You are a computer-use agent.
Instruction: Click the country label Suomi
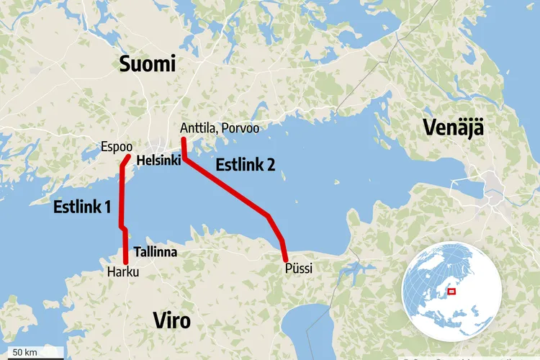[x=148, y=65]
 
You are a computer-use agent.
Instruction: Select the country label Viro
[x=172, y=320]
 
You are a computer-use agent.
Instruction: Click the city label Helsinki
[x=158, y=160]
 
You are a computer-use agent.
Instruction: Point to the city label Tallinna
[x=156, y=253]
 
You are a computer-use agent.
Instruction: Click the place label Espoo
[x=118, y=146]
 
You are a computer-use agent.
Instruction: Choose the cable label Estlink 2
[x=245, y=165]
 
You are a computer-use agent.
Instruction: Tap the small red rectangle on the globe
[x=452, y=292]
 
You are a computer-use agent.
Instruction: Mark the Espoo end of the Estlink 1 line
[x=128, y=156]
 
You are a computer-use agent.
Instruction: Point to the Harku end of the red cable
[x=126, y=263]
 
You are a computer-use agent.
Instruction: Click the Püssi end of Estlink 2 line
[x=286, y=259]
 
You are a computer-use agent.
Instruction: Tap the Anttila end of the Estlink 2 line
[x=183, y=139]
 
